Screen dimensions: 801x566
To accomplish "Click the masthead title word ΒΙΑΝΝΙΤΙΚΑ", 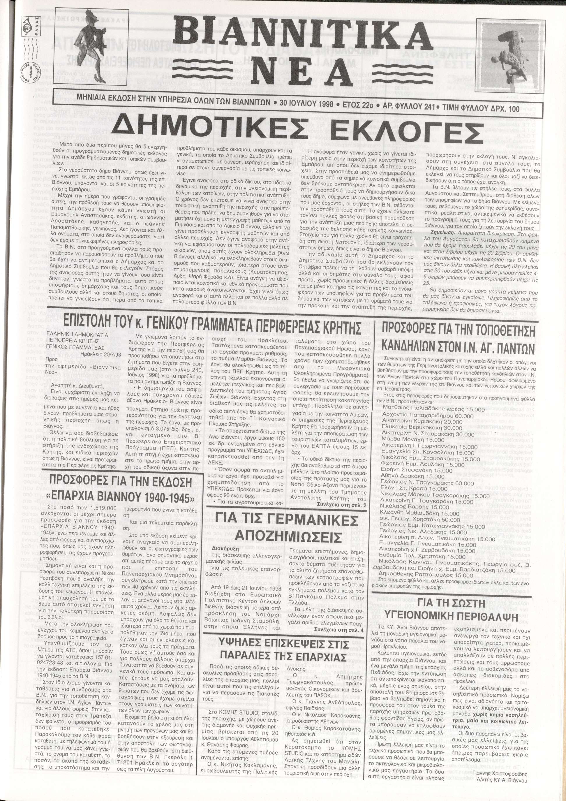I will point(302,35).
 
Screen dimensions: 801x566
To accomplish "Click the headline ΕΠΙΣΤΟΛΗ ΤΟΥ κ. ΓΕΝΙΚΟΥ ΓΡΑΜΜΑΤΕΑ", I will point(212,320).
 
